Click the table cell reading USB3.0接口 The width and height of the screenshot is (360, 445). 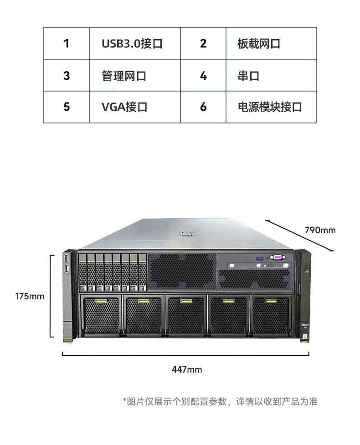(134, 43)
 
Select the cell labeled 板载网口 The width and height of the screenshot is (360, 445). (271, 43)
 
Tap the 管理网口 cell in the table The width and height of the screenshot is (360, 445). (134, 76)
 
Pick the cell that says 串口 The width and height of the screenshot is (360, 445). (271, 76)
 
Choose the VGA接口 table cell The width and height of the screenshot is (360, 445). (134, 107)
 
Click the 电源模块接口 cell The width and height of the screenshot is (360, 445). (271, 107)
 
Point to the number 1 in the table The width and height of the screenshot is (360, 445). (67, 43)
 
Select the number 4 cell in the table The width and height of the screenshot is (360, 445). (203, 76)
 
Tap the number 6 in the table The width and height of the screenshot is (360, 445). (203, 107)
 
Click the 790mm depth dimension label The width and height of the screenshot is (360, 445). (320, 230)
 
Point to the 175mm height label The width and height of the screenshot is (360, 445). (30, 297)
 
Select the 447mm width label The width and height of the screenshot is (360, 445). (187, 369)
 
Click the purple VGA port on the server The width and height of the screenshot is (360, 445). (278, 257)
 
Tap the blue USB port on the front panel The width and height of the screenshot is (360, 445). (260, 259)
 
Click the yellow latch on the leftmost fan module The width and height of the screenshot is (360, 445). (101, 301)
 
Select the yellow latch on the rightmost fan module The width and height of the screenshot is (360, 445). (271, 301)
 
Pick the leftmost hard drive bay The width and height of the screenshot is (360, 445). (82, 272)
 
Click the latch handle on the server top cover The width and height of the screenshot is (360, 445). (186, 234)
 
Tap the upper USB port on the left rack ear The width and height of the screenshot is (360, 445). (67, 258)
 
